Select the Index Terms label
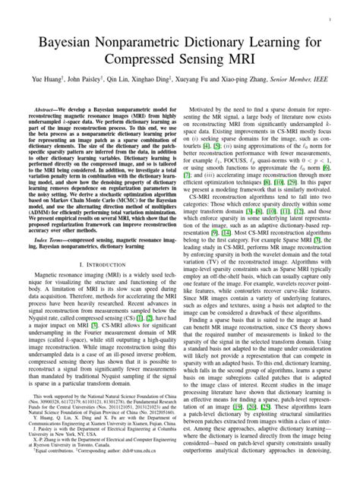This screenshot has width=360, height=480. click(x=46, y=238)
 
